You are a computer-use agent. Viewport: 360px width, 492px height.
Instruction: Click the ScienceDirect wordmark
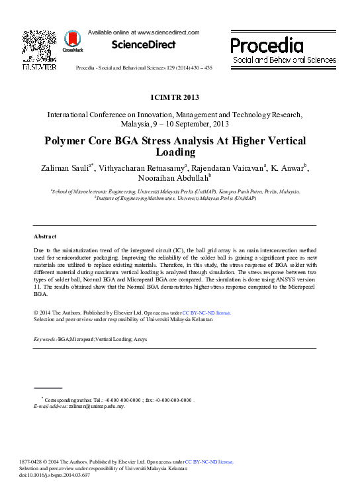[144, 45]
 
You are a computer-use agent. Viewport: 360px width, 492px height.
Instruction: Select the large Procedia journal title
[267, 45]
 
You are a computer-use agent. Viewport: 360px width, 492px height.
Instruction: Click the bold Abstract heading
[45, 236]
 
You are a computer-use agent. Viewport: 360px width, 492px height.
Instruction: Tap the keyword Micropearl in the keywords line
[83, 339]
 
